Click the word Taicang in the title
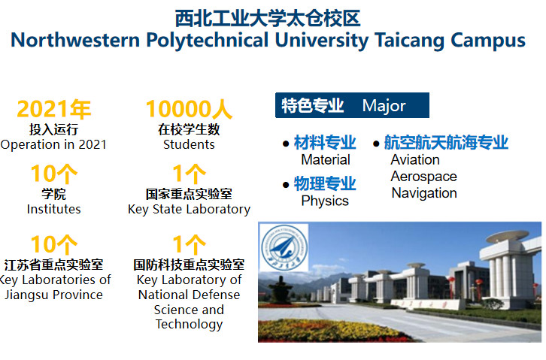(x=409, y=41)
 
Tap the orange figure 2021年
(x=54, y=109)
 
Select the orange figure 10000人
(x=189, y=109)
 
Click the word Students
(x=189, y=144)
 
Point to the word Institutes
(x=53, y=209)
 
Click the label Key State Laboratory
(x=189, y=210)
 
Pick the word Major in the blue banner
(x=384, y=105)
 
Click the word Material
(x=326, y=159)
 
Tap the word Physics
(x=325, y=201)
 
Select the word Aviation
(x=415, y=159)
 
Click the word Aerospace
(x=423, y=177)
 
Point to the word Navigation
(x=424, y=193)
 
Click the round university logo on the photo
(x=284, y=248)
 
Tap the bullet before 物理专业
(x=286, y=185)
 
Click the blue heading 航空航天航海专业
(x=446, y=143)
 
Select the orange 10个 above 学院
(x=54, y=174)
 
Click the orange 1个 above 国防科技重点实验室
(x=189, y=244)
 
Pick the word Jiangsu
(x=27, y=295)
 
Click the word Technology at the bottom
(x=189, y=325)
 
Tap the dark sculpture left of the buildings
(x=281, y=290)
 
